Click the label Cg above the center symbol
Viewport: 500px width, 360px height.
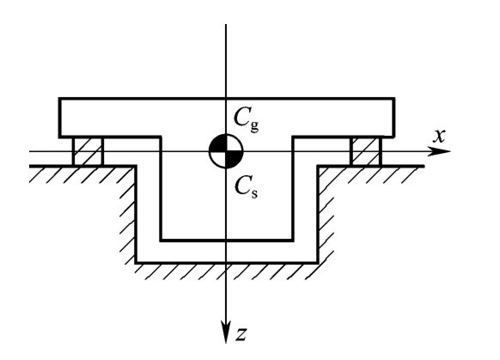click(x=247, y=119)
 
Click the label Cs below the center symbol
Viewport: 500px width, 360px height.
click(x=246, y=187)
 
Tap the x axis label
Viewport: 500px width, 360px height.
click(x=439, y=136)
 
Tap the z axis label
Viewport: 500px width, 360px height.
click(x=241, y=334)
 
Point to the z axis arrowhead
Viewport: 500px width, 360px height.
click(x=226, y=332)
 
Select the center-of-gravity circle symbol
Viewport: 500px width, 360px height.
click(x=226, y=151)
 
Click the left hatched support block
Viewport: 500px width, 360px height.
click(x=88, y=151)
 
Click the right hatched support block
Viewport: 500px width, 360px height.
click(x=366, y=151)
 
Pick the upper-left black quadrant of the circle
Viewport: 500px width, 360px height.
click(x=219, y=144)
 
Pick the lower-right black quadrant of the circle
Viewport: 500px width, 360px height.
click(x=233, y=158)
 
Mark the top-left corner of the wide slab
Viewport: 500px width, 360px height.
click(x=60, y=99)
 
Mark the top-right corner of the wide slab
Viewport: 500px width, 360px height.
click(x=393, y=99)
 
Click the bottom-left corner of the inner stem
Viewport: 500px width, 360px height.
click(x=161, y=240)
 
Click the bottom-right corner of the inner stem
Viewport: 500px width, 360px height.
click(x=292, y=240)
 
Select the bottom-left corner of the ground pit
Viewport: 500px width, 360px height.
click(x=136, y=263)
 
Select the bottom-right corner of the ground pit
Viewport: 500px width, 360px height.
click(x=318, y=263)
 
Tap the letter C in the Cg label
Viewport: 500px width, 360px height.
click(x=241, y=117)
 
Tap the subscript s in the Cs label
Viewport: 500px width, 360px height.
click(x=253, y=193)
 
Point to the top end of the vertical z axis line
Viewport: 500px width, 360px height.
click(x=226, y=24)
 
